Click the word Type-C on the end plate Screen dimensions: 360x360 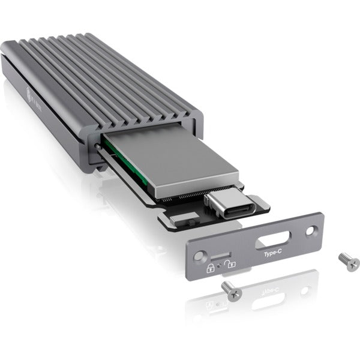tap(272, 254)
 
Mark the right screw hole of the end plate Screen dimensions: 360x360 tap(310, 230)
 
